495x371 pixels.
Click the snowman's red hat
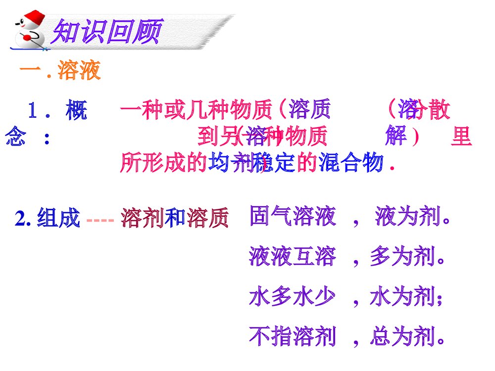click(33, 16)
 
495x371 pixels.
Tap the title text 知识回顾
click(107, 33)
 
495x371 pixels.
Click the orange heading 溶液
click(79, 71)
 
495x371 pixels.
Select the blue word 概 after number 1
click(76, 111)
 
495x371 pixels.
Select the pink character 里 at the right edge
click(461, 136)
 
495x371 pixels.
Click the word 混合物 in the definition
click(351, 162)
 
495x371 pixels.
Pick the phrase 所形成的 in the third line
click(163, 163)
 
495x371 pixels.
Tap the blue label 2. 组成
click(48, 218)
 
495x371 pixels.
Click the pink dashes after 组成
click(100, 219)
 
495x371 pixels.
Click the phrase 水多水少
click(292, 297)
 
